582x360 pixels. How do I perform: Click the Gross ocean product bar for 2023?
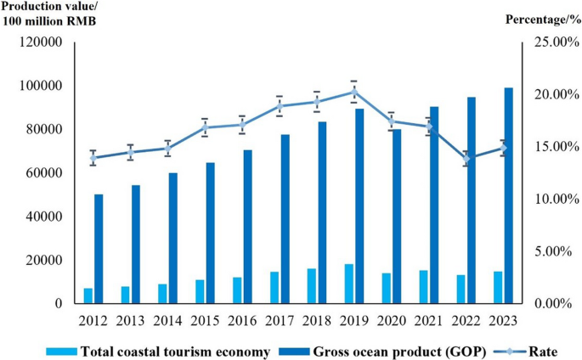[x=508, y=196]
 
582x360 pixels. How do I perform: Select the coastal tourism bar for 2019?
[x=349, y=284]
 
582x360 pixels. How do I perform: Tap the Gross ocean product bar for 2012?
[x=99, y=249]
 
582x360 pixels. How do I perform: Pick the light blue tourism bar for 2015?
[x=201, y=292]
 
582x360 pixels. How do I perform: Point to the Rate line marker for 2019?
[x=354, y=92]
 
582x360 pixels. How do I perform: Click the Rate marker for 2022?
[x=466, y=159]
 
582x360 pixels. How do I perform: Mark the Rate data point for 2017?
[x=280, y=106]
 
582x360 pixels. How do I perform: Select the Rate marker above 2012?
[x=93, y=158]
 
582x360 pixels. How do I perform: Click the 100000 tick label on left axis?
[x=41, y=86]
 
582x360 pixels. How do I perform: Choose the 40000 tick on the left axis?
[x=44, y=217]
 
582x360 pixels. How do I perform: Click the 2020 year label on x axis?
[x=392, y=321]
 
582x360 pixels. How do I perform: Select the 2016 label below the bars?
[x=243, y=321]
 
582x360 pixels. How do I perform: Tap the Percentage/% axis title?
[x=543, y=20]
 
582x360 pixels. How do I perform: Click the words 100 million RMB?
[x=49, y=21]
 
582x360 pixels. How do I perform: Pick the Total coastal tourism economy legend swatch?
[x=62, y=351]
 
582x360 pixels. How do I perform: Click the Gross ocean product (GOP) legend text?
[x=399, y=352]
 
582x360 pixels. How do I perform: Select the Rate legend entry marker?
[x=509, y=352]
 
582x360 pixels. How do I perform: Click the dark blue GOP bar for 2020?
[x=397, y=217]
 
